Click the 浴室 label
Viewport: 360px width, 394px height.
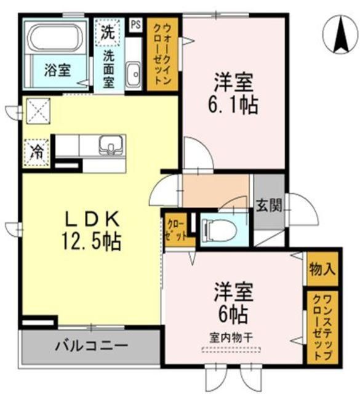(x=57, y=70)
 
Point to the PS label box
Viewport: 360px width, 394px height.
(x=135, y=26)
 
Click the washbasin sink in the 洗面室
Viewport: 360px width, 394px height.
(x=132, y=74)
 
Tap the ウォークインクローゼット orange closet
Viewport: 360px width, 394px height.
(x=162, y=54)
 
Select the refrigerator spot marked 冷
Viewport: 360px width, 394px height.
(x=36, y=151)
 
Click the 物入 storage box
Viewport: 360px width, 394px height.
(x=323, y=269)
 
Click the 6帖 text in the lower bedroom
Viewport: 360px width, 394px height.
(x=234, y=315)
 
